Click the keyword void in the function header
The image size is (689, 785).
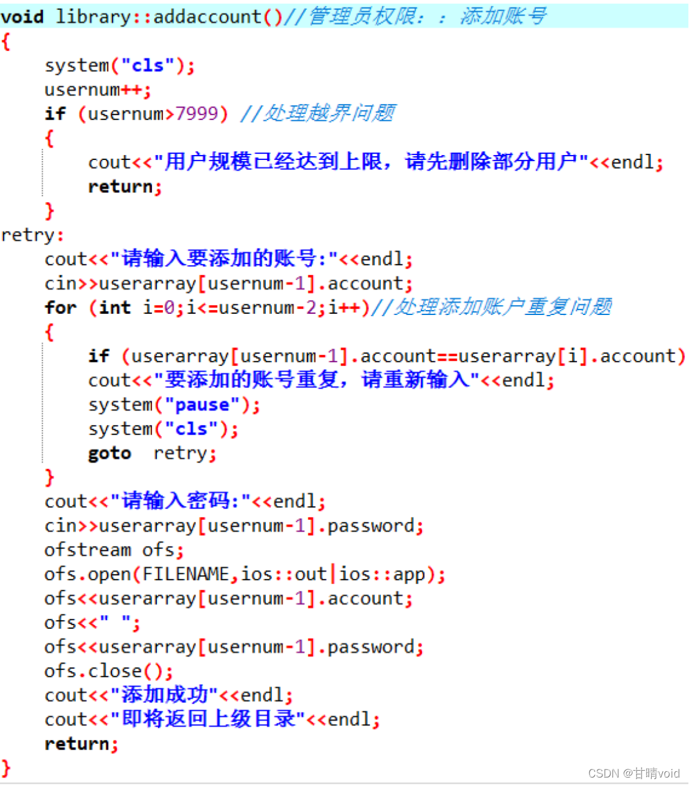point(22,16)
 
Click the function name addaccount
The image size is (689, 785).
point(207,16)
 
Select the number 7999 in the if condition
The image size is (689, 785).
point(197,113)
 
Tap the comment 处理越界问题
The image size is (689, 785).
point(329,113)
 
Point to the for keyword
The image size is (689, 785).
point(60,308)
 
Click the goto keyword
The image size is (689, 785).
point(110,453)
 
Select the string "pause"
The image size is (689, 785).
point(202,405)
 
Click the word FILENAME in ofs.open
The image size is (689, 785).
point(185,574)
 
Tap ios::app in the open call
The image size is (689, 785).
point(382,574)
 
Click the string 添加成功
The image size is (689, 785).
point(164,695)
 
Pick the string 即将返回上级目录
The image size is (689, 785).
point(208,719)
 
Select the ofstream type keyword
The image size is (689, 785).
point(88,550)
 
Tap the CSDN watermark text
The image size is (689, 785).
point(634,773)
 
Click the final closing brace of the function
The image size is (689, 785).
point(6,767)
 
